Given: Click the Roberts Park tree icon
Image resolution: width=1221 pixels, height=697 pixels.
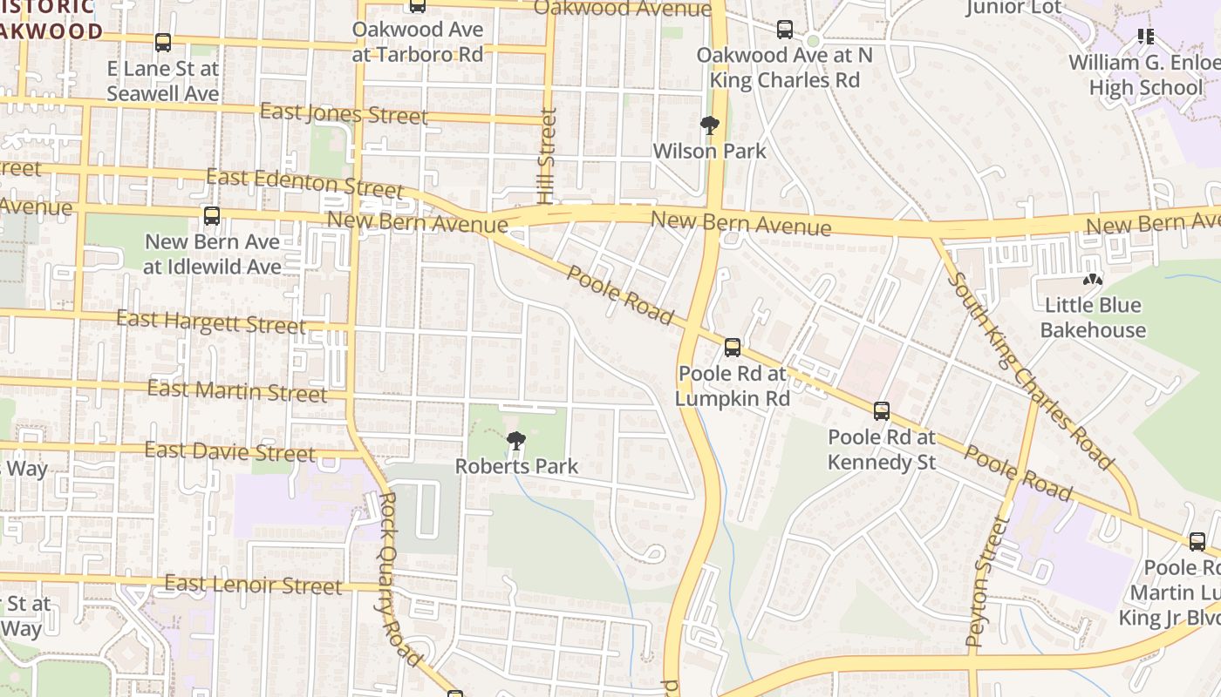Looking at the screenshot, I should (x=516, y=441).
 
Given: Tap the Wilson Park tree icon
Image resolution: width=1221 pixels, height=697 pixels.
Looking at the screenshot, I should (x=710, y=125).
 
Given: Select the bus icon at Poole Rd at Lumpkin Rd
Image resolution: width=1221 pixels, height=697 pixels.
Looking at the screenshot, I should (x=733, y=348).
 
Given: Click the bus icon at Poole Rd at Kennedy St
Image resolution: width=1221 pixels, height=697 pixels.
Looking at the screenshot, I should (x=882, y=411).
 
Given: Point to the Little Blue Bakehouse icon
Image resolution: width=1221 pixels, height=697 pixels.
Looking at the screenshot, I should (x=1092, y=280).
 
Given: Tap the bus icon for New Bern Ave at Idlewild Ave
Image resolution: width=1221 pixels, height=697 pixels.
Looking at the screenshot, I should (x=212, y=216).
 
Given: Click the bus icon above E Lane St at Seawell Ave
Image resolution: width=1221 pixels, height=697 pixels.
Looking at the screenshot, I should (x=163, y=42).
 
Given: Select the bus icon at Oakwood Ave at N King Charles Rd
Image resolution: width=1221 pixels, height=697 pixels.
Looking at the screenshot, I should (x=785, y=30).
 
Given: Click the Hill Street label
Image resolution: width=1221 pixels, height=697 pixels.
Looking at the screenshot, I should (x=548, y=155).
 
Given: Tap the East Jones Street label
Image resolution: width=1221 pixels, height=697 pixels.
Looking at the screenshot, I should (x=344, y=113).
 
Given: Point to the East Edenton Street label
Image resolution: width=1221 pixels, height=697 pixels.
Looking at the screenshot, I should (x=305, y=183).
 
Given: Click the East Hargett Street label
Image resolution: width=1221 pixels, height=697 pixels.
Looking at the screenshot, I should (x=211, y=321).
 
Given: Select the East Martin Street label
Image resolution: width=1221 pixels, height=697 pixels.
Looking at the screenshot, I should (x=237, y=390).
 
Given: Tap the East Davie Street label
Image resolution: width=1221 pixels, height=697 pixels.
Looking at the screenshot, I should (x=230, y=451).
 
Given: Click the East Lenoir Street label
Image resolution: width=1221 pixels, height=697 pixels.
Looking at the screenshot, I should (x=253, y=585).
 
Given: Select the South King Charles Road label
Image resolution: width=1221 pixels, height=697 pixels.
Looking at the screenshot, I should (x=1029, y=370).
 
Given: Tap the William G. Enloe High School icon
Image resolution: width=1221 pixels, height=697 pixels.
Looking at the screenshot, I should (x=1146, y=37).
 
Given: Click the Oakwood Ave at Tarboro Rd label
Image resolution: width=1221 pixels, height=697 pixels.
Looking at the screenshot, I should (x=417, y=42).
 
